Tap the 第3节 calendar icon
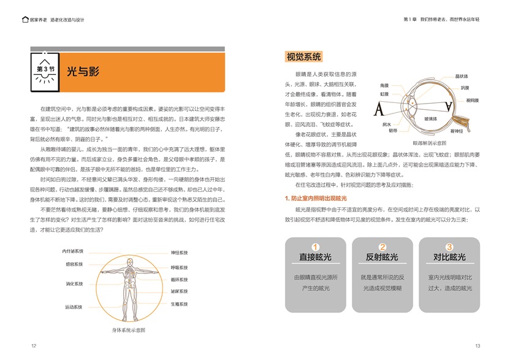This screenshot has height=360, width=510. pos(45,69)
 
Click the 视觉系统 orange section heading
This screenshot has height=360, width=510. pos(303,57)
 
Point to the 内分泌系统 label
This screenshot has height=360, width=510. pos(73,251)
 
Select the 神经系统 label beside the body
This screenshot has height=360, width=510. pos(179,253)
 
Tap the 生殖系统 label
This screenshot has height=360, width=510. pos(179,304)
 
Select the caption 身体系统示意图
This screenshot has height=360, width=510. pos(128,330)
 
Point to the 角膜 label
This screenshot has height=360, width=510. pos(384,85)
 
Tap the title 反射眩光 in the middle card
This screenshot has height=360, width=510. pos(382,257)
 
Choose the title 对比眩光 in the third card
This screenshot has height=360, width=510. pos(449,257)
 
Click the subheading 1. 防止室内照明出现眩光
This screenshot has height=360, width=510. pos(316,198)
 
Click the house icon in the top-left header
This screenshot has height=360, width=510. pos(24,20)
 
